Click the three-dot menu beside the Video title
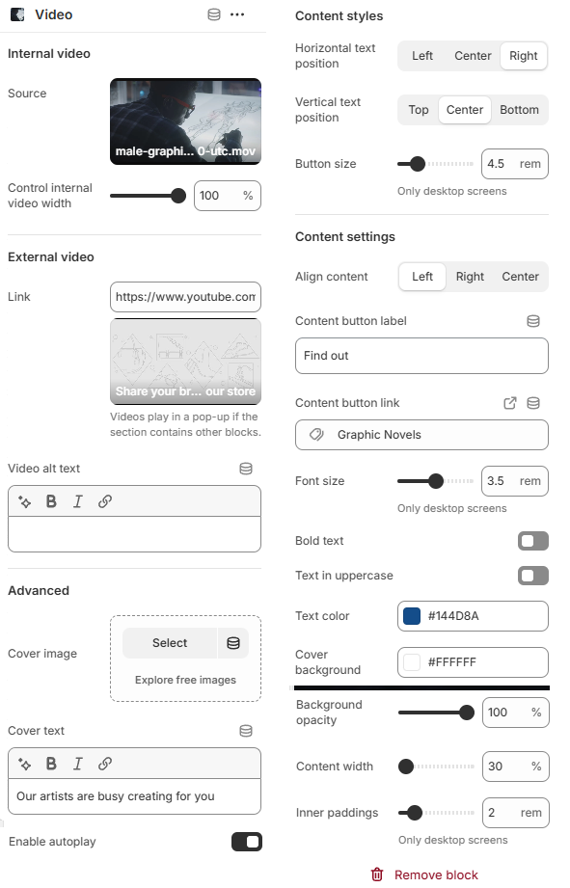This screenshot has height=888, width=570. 237,14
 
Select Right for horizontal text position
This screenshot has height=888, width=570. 523,56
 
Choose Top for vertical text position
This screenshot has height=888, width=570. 419,110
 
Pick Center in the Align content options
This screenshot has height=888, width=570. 520,277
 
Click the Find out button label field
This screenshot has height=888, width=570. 421,356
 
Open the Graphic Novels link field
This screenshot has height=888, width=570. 421,435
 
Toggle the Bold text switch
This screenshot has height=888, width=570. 533,541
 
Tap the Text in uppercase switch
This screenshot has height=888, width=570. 533,576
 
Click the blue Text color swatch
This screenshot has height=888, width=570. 412,616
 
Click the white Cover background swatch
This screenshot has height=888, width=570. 412,662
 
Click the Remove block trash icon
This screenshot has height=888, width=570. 377,875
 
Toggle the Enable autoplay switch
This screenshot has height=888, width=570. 247,842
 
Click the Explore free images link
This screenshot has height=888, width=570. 185,680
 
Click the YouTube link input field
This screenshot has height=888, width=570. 185,297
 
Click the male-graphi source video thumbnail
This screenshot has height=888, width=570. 185,121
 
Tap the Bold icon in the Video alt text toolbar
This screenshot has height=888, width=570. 51,501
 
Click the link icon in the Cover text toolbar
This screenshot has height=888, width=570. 105,764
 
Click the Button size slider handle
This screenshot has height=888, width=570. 418,164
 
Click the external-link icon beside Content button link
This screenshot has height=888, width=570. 510,403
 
